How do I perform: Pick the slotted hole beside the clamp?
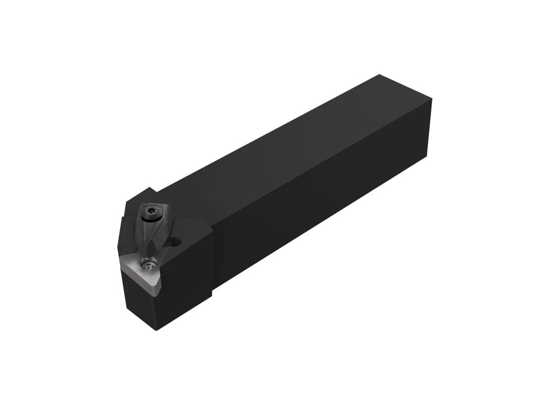(176, 243)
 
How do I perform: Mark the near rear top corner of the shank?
(431, 100)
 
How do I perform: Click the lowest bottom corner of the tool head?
(156, 330)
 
